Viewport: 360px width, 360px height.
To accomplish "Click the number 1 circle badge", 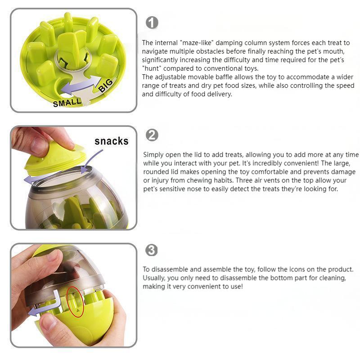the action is tap(152, 23).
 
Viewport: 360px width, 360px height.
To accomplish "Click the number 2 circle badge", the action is tap(152, 135).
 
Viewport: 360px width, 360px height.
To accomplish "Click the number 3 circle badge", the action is tap(152, 250).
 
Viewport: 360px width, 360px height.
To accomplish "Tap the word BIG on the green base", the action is tap(106, 85).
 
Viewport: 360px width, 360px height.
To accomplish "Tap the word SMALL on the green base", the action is tap(67, 103).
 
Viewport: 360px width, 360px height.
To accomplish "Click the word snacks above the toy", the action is tap(111, 141).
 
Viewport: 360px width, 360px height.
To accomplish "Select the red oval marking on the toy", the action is tap(75, 301).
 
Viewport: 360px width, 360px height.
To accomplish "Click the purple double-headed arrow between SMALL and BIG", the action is tap(81, 85).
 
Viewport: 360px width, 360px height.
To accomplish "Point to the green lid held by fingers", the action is tap(55, 160).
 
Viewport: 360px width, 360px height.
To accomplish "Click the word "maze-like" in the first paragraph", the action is tap(197, 43).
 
